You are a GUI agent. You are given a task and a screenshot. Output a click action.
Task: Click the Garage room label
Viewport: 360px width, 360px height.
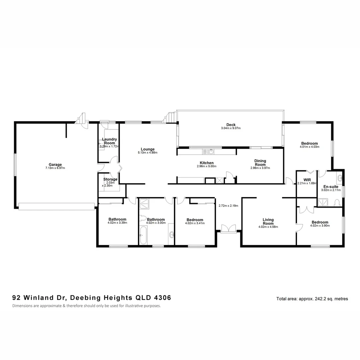(x=55, y=164)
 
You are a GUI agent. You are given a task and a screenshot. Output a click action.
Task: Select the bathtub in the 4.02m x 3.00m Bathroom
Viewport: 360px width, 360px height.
(x=143, y=235)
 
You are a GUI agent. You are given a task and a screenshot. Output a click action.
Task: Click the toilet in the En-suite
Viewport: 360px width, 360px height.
(x=337, y=203)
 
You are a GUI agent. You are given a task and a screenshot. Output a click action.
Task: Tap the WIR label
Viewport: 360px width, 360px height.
(x=307, y=180)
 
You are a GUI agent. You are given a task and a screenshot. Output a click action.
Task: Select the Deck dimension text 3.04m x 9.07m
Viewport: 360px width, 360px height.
(x=231, y=128)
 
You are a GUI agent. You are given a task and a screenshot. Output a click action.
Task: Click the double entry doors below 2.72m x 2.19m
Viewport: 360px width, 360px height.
(x=229, y=228)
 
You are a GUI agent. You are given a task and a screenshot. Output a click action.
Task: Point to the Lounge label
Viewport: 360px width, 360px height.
(x=147, y=149)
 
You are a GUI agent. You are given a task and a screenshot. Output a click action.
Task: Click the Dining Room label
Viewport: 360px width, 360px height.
(x=260, y=162)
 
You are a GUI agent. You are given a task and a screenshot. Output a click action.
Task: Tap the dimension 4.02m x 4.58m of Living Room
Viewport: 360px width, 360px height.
(x=268, y=227)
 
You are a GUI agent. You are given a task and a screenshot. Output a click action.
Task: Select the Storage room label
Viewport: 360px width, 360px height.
(x=110, y=179)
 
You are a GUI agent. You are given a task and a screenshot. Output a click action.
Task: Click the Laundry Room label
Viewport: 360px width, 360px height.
(x=109, y=141)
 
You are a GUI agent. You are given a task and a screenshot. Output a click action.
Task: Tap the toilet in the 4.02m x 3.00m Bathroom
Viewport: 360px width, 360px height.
(x=143, y=218)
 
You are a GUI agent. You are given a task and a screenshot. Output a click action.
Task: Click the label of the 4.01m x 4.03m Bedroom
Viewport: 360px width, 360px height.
(x=308, y=143)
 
